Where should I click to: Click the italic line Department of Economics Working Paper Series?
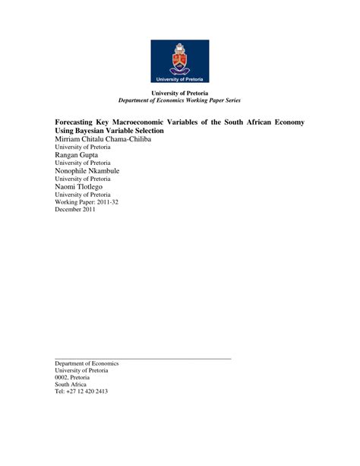(179, 100)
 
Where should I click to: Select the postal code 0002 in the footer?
(62, 378)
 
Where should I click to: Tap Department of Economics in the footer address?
(87, 363)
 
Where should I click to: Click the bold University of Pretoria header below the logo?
(179, 93)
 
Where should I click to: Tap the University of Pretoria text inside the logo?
(179, 79)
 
